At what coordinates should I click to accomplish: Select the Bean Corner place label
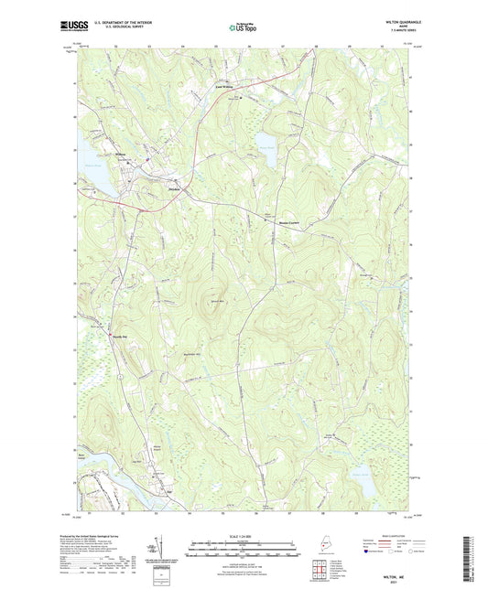[289, 222]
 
